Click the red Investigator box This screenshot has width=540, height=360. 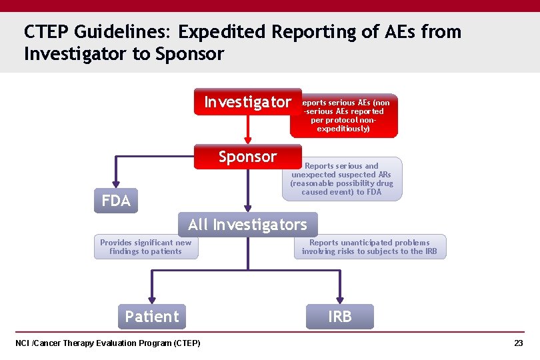(x=247, y=102)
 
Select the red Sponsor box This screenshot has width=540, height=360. (x=247, y=157)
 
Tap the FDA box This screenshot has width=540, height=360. (x=116, y=201)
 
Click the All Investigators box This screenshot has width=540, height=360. (x=247, y=225)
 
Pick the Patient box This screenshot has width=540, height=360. (x=152, y=317)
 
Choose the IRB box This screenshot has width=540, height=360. (x=339, y=317)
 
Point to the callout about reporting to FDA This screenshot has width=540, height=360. (x=342, y=179)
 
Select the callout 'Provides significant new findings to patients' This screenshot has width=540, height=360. (x=145, y=247)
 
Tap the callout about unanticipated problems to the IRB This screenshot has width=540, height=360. (x=369, y=247)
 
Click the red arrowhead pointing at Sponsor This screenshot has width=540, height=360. (x=247, y=140)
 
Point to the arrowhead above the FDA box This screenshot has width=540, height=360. (x=116, y=185)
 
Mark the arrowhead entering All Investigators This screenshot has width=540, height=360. (x=247, y=208)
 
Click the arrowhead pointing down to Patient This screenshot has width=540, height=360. (x=152, y=299)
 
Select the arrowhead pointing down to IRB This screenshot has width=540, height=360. (x=339, y=299)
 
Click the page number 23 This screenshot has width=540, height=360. (x=518, y=343)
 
